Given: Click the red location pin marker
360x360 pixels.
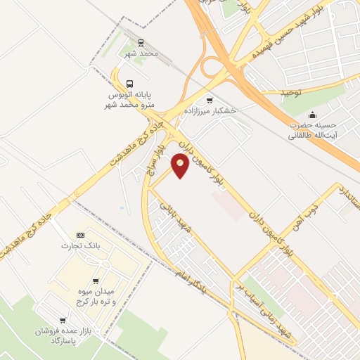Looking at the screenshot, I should point(180,167).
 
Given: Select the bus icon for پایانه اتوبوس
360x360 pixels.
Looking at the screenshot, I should point(129,82).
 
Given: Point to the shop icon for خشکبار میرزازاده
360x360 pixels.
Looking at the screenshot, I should point(210,101).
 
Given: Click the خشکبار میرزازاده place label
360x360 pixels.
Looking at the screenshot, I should point(210,111).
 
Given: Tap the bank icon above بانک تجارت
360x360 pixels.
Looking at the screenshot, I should point(80,235).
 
